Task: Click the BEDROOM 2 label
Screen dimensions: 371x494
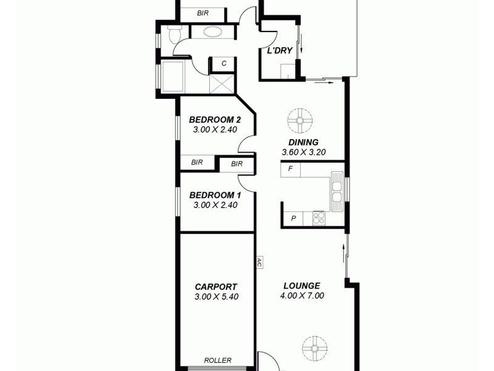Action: click(214, 119)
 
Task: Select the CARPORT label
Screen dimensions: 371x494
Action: click(216, 286)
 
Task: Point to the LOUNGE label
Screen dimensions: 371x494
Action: click(301, 286)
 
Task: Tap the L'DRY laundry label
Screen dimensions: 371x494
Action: click(279, 51)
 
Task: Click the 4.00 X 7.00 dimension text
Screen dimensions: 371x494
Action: click(302, 296)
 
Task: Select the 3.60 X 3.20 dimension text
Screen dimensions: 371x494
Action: click(303, 152)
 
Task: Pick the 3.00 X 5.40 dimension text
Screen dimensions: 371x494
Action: click(216, 296)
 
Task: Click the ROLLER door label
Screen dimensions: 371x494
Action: click(217, 360)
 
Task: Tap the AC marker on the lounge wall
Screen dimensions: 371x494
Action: click(260, 262)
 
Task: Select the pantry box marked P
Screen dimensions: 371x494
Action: click(293, 218)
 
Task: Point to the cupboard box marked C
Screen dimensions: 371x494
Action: click(224, 63)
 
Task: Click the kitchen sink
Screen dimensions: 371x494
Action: click(337, 188)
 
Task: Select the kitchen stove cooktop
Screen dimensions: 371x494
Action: click(319, 217)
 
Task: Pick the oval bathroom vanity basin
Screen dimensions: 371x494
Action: click(214, 32)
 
